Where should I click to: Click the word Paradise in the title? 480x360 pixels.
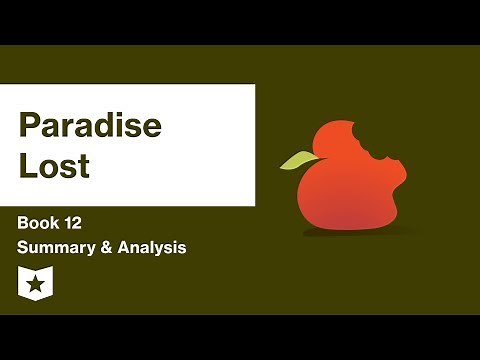(x=91, y=127)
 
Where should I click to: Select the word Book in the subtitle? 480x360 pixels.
(x=41, y=222)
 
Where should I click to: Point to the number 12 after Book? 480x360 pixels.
(x=84, y=222)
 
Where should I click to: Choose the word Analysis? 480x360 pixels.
(x=149, y=247)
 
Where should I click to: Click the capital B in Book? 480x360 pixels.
(x=23, y=222)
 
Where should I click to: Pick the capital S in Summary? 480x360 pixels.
(x=23, y=247)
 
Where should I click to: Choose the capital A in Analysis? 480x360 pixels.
(x=125, y=247)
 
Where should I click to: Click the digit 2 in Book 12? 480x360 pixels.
(x=89, y=222)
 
